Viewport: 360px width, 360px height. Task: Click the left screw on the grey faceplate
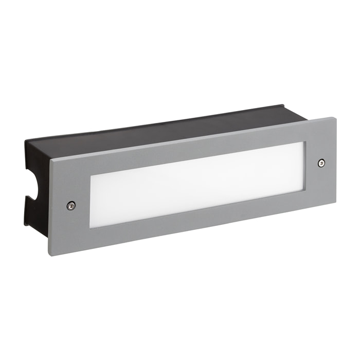point(70,205)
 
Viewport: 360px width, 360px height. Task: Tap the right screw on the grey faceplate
point(321,163)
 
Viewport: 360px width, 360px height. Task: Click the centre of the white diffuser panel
point(198,184)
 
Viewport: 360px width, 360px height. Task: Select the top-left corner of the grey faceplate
point(50,161)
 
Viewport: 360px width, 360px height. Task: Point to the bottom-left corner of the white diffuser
point(91,227)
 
